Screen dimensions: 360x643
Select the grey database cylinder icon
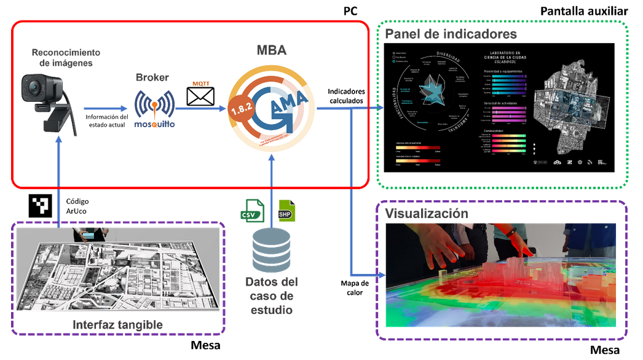pos(271,251)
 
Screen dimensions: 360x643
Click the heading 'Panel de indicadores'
pos(451,33)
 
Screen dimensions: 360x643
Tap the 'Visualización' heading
pos(427,214)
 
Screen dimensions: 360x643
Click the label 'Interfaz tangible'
pos(118,324)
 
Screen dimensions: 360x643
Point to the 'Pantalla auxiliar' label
pos(584,11)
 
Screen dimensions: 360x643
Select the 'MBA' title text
pos(271,50)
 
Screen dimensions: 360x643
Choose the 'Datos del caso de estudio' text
pos(271,296)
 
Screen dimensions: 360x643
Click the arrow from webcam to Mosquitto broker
pos(108,108)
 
